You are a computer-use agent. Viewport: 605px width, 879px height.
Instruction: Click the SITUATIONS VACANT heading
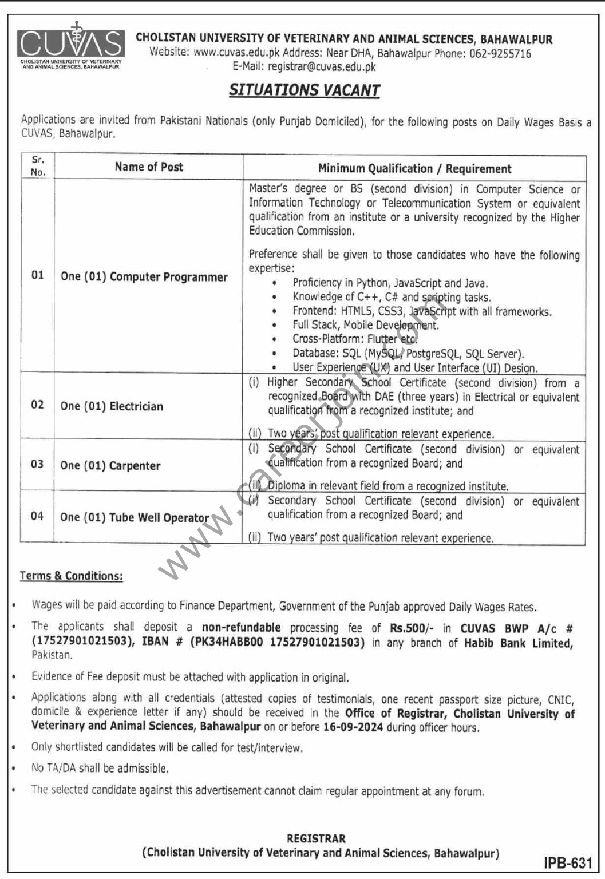305,90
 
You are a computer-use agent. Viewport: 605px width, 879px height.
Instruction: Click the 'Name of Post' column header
149,167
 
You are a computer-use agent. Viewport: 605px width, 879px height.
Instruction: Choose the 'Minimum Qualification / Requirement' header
414,169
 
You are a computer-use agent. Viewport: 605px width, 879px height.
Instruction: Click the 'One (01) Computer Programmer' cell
144,277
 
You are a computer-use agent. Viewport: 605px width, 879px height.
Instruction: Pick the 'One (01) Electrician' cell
112,406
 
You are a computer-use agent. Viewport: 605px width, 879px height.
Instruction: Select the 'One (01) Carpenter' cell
110,466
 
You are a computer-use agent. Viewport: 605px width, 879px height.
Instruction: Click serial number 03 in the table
37,464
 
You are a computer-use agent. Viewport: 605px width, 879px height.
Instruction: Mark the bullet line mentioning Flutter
354,339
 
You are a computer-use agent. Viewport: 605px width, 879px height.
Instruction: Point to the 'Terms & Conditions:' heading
71,576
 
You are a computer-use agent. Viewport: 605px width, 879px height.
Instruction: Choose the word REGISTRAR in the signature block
316,838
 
